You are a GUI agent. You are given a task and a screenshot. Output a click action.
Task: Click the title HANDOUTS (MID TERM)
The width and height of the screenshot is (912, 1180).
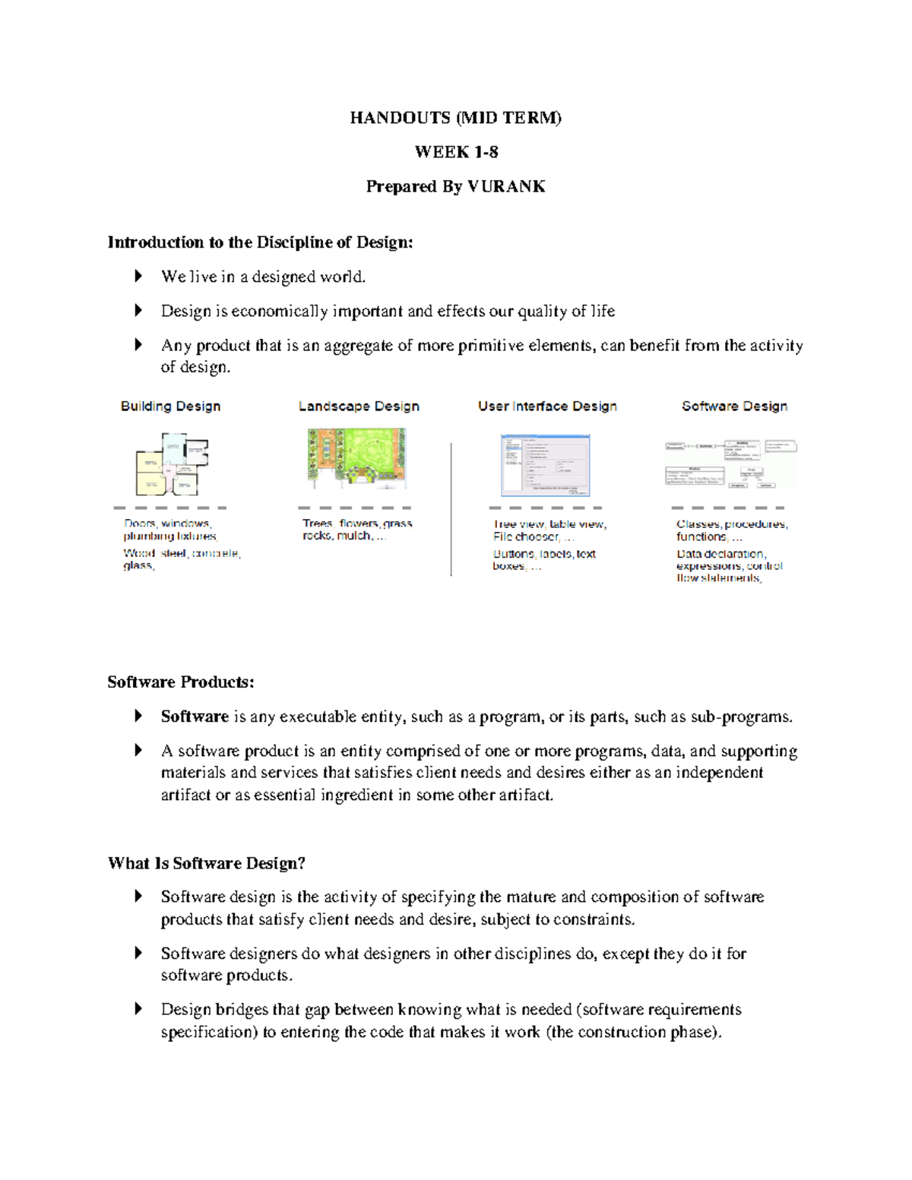coord(455,118)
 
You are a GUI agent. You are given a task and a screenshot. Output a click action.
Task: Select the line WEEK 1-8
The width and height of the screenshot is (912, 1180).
coord(456,152)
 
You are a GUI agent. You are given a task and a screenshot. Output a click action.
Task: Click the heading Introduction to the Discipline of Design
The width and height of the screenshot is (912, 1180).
coord(260,242)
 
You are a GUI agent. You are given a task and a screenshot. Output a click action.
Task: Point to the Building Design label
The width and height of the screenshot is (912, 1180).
coord(170,407)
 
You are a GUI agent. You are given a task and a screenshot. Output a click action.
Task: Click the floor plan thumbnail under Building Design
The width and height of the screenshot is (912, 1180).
coord(172,463)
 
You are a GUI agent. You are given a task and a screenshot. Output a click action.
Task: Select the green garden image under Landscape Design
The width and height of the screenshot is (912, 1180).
coord(356,457)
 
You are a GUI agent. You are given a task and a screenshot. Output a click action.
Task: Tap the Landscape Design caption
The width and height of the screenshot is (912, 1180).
coord(359,407)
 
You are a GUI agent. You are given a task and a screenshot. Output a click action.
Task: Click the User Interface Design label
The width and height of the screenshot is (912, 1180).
coord(547,407)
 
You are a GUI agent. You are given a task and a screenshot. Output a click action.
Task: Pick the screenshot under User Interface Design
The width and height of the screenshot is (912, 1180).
coord(545,465)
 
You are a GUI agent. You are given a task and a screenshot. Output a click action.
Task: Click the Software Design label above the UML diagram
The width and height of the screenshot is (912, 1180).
coord(734,407)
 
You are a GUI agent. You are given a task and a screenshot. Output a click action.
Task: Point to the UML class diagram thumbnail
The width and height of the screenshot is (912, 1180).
coord(731,463)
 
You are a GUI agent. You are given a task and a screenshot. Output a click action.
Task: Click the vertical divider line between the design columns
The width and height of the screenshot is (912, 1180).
coord(451,509)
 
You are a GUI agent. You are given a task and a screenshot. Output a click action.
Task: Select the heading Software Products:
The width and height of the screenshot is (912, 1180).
coord(181,682)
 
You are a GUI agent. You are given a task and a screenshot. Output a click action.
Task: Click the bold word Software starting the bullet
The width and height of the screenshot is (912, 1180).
coord(195,717)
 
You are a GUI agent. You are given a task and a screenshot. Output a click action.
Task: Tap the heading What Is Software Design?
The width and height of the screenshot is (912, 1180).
coord(207,863)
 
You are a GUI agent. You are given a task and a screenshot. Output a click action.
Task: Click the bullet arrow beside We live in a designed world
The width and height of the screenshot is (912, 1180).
coord(138,277)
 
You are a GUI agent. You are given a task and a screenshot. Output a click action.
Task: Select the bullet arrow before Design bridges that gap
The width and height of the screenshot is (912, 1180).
coord(138,1009)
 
